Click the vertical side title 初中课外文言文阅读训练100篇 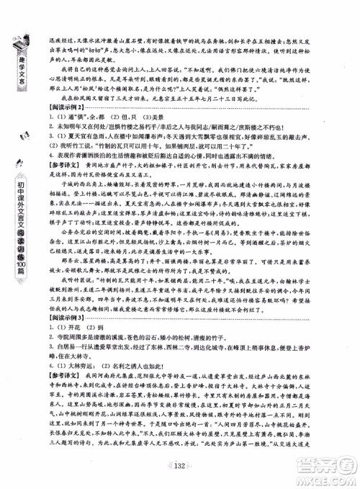pos(15,237)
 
